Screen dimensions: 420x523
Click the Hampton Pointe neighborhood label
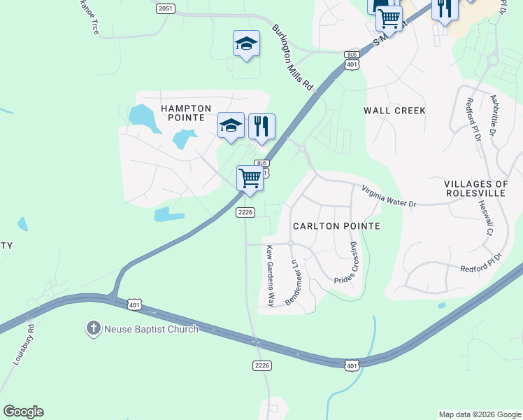(x=186, y=113)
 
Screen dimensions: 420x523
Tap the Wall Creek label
(x=394, y=111)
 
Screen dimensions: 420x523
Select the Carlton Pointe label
(x=336, y=226)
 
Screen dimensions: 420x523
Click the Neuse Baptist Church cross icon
(x=94, y=328)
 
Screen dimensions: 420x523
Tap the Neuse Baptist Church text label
(x=151, y=328)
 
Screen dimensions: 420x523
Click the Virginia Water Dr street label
(x=389, y=197)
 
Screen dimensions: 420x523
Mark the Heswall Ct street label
(x=485, y=214)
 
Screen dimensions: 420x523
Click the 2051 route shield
(x=165, y=8)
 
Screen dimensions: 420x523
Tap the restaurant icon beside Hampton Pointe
(x=261, y=126)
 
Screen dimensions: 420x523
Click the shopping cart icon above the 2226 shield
(x=250, y=178)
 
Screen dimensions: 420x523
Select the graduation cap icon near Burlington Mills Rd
(x=246, y=44)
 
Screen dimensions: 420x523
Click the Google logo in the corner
(x=23, y=412)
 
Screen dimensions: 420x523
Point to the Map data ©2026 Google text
(x=480, y=414)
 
